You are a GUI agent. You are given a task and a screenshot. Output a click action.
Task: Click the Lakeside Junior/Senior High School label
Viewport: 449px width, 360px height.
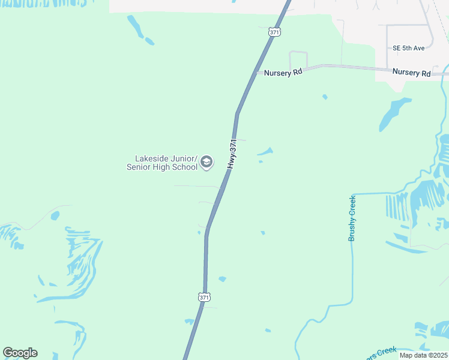click(x=162, y=163)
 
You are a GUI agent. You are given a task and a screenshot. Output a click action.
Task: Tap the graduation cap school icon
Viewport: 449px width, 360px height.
click(x=206, y=162)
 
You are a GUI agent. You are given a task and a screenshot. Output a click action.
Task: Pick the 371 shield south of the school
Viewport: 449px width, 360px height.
click(x=204, y=297)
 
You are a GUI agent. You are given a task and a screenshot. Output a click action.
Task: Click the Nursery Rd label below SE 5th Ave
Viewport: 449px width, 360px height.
click(x=411, y=73)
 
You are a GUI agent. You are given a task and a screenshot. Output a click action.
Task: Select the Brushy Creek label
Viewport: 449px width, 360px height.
click(x=352, y=218)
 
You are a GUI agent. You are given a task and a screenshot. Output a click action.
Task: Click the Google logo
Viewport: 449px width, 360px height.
click(x=20, y=353)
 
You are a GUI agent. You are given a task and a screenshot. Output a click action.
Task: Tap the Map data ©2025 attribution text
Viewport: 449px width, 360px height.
click(x=424, y=355)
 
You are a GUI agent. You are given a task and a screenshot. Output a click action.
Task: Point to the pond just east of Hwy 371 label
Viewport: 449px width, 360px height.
click(x=265, y=152)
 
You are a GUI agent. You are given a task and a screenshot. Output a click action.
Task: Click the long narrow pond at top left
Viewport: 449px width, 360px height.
click(x=136, y=28)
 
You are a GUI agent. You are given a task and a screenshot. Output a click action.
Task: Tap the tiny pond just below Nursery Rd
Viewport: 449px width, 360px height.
click(x=325, y=97)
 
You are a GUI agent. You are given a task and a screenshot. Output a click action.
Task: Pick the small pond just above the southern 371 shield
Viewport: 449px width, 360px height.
click(x=222, y=279)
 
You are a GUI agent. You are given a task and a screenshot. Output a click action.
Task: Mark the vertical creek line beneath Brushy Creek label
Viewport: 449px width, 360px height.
click(x=353, y=270)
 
